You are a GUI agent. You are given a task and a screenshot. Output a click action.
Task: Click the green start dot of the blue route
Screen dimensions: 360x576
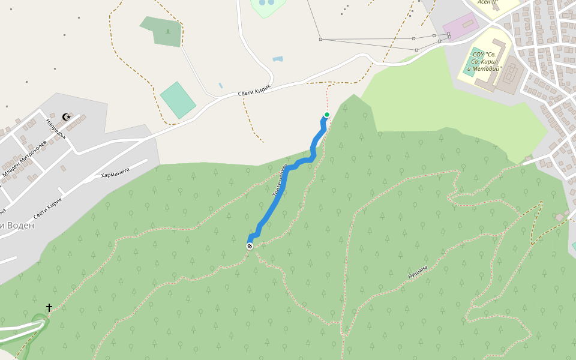(x=327, y=115)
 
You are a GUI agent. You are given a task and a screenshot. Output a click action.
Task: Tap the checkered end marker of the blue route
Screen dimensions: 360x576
(x=250, y=245)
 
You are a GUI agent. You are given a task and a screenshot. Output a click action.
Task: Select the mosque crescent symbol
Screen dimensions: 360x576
(x=67, y=117)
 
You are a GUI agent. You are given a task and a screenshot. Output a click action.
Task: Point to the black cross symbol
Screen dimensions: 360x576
(x=49, y=307)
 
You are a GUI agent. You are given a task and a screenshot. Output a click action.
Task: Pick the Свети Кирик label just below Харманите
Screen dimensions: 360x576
(x=48, y=208)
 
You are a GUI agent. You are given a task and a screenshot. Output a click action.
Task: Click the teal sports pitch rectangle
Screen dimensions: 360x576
(x=178, y=100)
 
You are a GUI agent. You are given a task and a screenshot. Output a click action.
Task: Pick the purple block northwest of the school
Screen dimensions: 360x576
(x=461, y=26)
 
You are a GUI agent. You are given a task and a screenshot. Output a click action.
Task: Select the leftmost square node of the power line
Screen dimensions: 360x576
(x=320, y=40)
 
